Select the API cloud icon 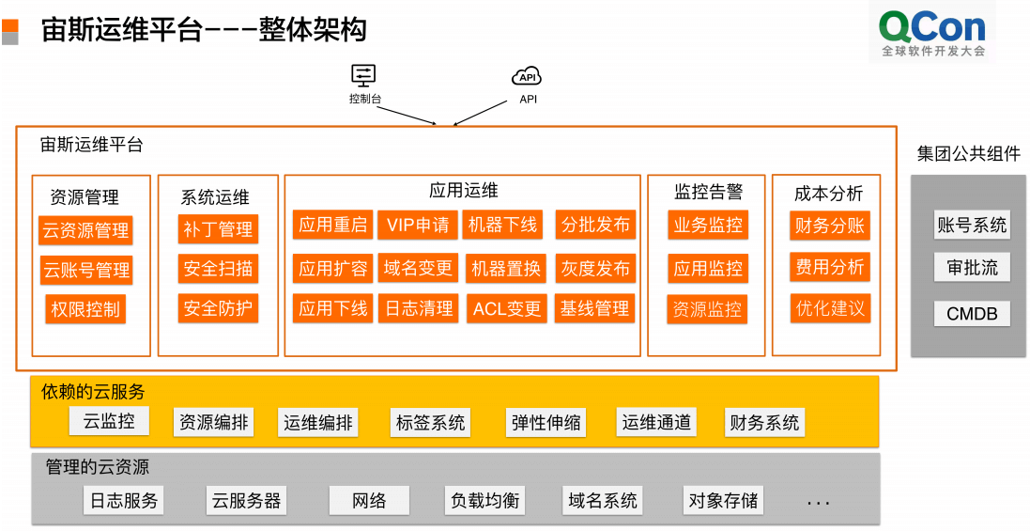[527, 76]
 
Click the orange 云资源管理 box [85, 230]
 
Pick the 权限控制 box [85, 309]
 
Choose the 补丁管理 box [218, 229]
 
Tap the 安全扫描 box [218, 269]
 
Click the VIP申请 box [418, 225]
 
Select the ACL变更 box [507, 309]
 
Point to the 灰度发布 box [595, 268]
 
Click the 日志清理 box [418, 308]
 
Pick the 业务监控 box [708, 226]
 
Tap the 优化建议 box [830, 308]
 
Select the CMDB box [972, 314]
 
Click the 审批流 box [972, 268]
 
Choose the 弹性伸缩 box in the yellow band [546, 423]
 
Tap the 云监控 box [109, 421]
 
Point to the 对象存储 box [723, 500]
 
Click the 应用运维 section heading [463, 191]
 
